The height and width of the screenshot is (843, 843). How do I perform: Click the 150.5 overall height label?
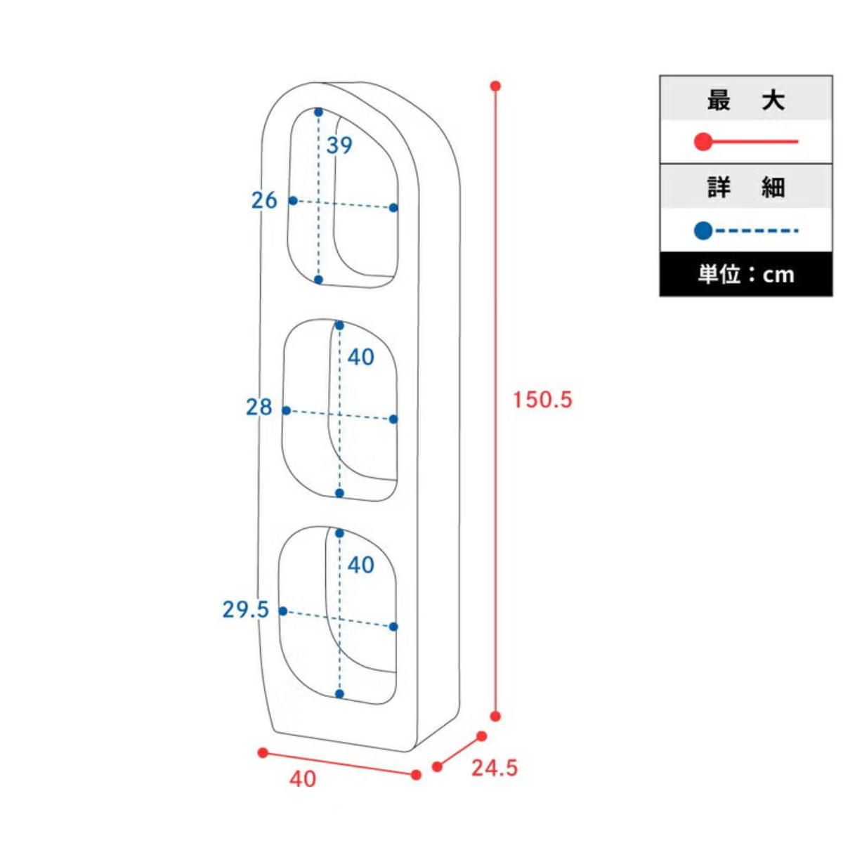pos(542,400)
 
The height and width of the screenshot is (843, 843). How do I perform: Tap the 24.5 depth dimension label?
pos(495,769)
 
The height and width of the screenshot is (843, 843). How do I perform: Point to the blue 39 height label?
pos(339,145)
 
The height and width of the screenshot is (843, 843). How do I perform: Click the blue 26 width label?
pos(264,200)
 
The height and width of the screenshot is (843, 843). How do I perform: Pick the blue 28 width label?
pos(259,407)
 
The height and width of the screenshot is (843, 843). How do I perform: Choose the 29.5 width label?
pos(245,610)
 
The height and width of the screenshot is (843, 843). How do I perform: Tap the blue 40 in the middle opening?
pos(361,358)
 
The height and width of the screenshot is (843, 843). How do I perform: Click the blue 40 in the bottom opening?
pos(361,565)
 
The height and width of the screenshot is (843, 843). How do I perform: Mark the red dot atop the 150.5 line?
pos(495,86)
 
